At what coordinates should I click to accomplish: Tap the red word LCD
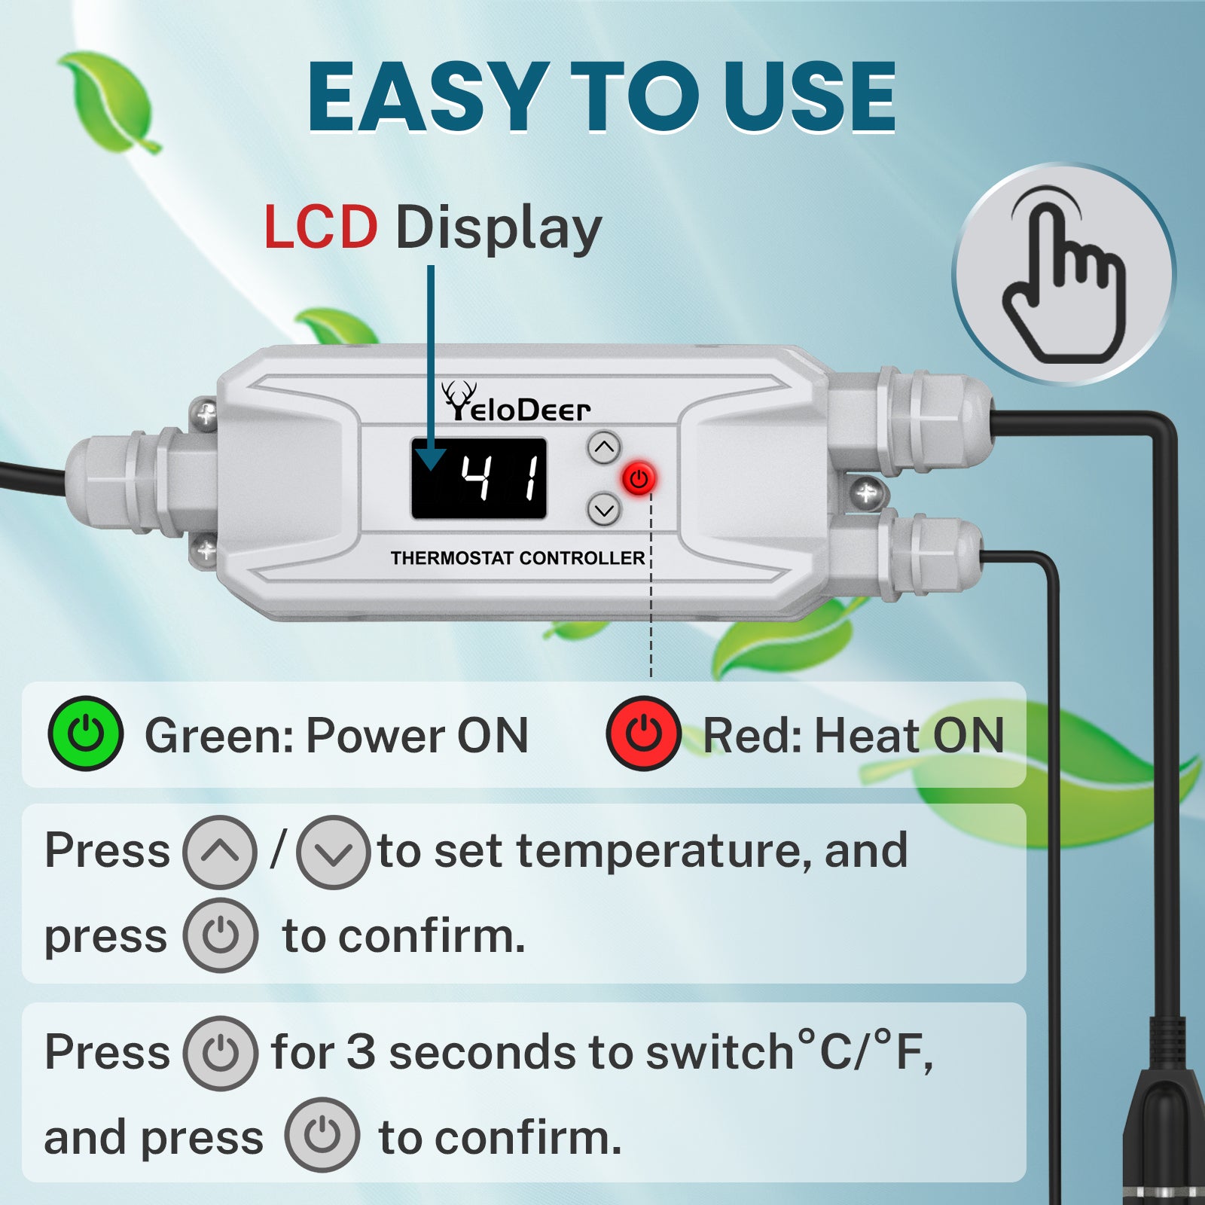[x=321, y=227]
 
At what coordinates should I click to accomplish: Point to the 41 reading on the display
[x=501, y=479]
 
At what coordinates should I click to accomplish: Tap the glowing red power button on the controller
[x=639, y=479]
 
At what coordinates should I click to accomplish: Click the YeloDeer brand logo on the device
[x=516, y=402]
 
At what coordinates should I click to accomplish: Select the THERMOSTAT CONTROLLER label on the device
[x=518, y=558]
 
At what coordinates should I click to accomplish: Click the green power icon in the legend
[x=86, y=734]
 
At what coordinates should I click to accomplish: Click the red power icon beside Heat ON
[x=644, y=734]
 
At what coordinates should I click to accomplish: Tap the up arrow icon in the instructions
[x=220, y=853]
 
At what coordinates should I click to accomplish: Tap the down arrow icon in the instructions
[x=333, y=853]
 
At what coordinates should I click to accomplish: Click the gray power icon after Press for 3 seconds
[x=221, y=1053]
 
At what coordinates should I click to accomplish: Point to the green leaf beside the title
[x=110, y=102]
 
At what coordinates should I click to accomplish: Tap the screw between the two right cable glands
[x=866, y=493]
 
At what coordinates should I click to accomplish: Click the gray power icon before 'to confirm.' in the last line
[x=322, y=1135]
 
